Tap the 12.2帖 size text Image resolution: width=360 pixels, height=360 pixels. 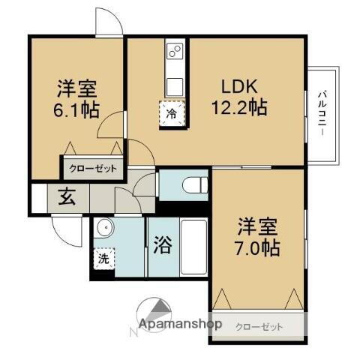(x=238, y=106)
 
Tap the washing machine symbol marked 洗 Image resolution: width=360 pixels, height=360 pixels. (x=102, y=259)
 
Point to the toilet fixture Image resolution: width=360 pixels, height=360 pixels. (x=192, y=182)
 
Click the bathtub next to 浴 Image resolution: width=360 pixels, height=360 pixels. (x=193, y=247)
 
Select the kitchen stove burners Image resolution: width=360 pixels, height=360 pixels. (x=174, y=52)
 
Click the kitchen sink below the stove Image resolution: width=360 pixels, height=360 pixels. (x=174, y=82)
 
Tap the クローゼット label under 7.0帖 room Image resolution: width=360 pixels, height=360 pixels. (x=259, y=326)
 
